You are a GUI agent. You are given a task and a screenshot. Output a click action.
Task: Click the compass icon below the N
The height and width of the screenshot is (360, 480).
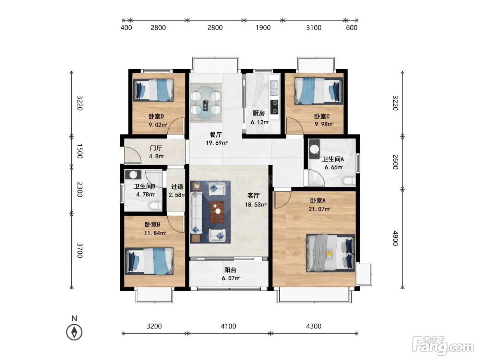pyautogui.click(x=74, y=333)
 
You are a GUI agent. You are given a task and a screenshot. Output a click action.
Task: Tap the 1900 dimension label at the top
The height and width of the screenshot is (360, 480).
pyautogui.click(x=263, y=28)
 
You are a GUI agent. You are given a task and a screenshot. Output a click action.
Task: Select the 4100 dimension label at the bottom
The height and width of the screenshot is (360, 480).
pyautogui.click(x=228, y=326)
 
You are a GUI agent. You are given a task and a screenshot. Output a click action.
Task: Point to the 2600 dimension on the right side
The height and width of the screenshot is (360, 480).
pyautogui.click(x=395, y=162)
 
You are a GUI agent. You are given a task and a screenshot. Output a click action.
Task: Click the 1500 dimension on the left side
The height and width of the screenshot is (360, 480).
pyautogui.click(x=80, y=151)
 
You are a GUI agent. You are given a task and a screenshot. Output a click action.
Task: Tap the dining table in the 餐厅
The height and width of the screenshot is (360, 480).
pyautogui.click(x=206, y=103)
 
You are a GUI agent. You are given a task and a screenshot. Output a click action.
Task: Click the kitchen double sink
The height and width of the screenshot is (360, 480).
pyautogui.click(x=274, y=88)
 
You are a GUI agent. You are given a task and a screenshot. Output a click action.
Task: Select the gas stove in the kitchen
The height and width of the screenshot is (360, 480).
pyautogui.click(x=274, y=107)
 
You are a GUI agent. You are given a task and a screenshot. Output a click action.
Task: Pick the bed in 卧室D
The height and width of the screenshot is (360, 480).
pyautogui.click(x=153, y=90)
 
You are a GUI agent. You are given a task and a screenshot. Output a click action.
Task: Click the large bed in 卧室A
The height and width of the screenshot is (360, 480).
pyautogui.click(x=331, y=253)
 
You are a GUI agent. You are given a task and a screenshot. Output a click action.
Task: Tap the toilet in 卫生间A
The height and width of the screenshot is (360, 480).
pyautogui.click(x=349, y=181)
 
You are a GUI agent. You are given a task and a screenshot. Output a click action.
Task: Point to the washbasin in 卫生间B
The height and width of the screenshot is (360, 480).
pyautogui.click(x=133, y=175)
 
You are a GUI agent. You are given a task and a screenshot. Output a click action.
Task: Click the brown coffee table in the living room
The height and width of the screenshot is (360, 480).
pyautogui.click(x=217, y=212)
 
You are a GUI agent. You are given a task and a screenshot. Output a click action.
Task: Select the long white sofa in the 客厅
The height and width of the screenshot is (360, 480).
pyautogui.click(x=196, y=213)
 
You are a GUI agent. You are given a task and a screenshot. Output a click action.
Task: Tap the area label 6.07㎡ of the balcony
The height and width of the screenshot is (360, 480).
pyautogui.click(x=231, y=278)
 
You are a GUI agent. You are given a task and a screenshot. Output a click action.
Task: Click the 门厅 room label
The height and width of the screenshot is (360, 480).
pyautogui.click(x=156, y=148)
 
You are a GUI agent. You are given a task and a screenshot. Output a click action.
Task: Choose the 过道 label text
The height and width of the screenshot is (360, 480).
pyautogui.click(x=177, y=187)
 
